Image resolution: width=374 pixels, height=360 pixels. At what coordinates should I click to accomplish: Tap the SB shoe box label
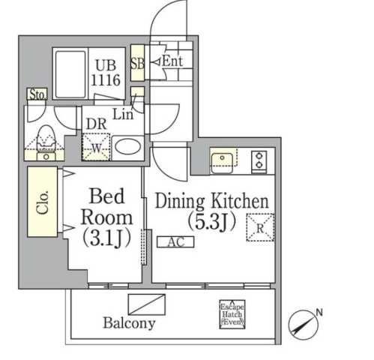click(x=138, y=62)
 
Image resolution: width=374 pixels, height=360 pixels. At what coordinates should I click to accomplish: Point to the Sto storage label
click(x=36, y=95)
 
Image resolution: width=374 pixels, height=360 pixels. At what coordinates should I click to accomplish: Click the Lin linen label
click(x=123, y=114)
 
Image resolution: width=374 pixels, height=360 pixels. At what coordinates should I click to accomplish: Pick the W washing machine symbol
click(x=96, y=145)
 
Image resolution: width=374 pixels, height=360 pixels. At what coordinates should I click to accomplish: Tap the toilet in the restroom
click(x=46, y=139)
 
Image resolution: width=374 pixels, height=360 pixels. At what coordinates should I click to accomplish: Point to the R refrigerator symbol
click(x=259, y=227)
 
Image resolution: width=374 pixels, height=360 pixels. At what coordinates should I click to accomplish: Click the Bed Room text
click(x=106, y=208)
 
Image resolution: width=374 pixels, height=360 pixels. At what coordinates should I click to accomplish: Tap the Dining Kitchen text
click(x=211, y=202)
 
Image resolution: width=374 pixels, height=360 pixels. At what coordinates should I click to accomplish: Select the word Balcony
click(x=129, y=323)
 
